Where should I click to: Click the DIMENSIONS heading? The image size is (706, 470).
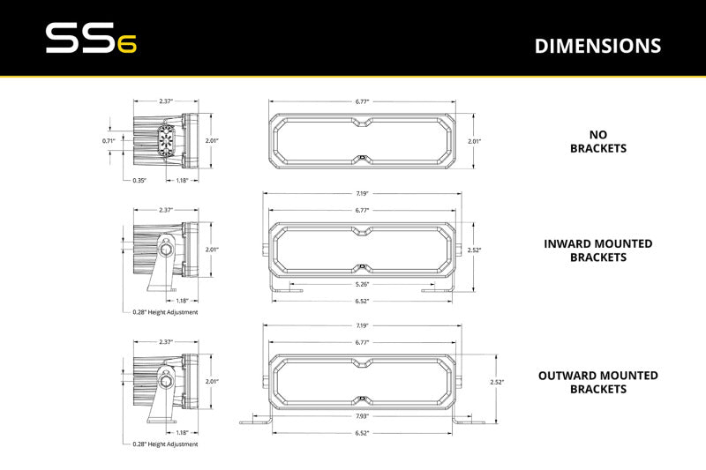(x=597, y=45)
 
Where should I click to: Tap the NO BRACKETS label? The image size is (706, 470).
(x=597, y=141)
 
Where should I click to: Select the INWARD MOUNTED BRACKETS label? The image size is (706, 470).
(x=597, y=250)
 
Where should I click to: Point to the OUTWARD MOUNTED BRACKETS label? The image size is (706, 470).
(x=597, y=381)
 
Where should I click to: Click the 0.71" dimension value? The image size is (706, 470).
(x=108, y=140)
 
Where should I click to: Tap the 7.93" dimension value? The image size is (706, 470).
(x=362, y=414)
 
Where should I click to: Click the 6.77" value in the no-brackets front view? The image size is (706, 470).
(x=362, y=101)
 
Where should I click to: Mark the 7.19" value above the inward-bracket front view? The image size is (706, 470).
(x=362, y=193)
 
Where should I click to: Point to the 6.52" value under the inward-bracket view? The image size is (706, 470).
(x=362, y=302)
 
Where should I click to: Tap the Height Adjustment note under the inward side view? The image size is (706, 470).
(x=160, y=312)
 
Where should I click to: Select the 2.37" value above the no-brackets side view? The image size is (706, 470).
(x=166, y=101)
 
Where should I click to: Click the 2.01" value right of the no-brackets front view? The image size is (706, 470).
(x=476, y=140)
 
